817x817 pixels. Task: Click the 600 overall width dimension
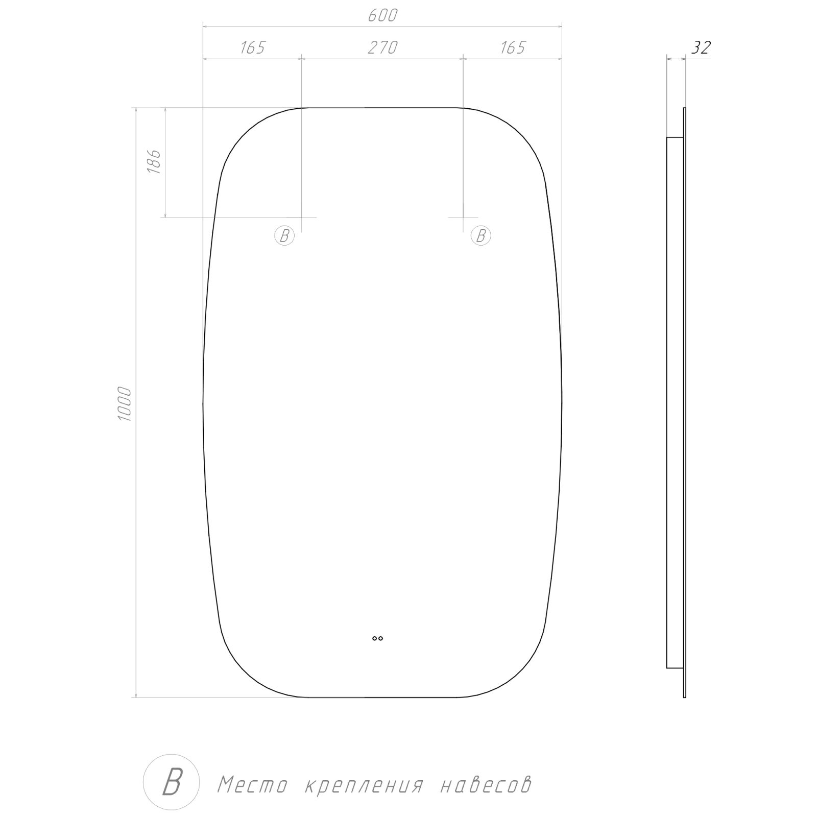coord(382,16)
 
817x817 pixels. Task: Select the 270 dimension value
coord(382,47)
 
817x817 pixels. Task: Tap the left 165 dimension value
coord(253,47)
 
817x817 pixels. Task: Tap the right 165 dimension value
coord(512,47)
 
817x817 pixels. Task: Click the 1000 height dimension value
coord(125,404)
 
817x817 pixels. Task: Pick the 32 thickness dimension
coord(701,47)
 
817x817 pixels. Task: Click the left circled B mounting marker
coord(284,235)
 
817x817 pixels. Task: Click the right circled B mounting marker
coord(480,235)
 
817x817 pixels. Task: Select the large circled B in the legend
coord(172,782)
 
